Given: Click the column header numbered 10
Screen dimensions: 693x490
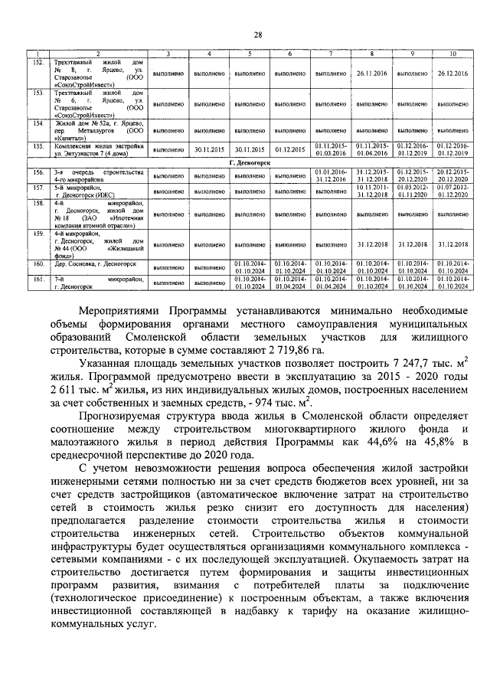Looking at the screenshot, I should (453, 53).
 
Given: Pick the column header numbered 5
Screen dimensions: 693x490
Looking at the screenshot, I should (249, 53).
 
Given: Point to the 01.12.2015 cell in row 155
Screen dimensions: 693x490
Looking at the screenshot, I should (289, 149).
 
